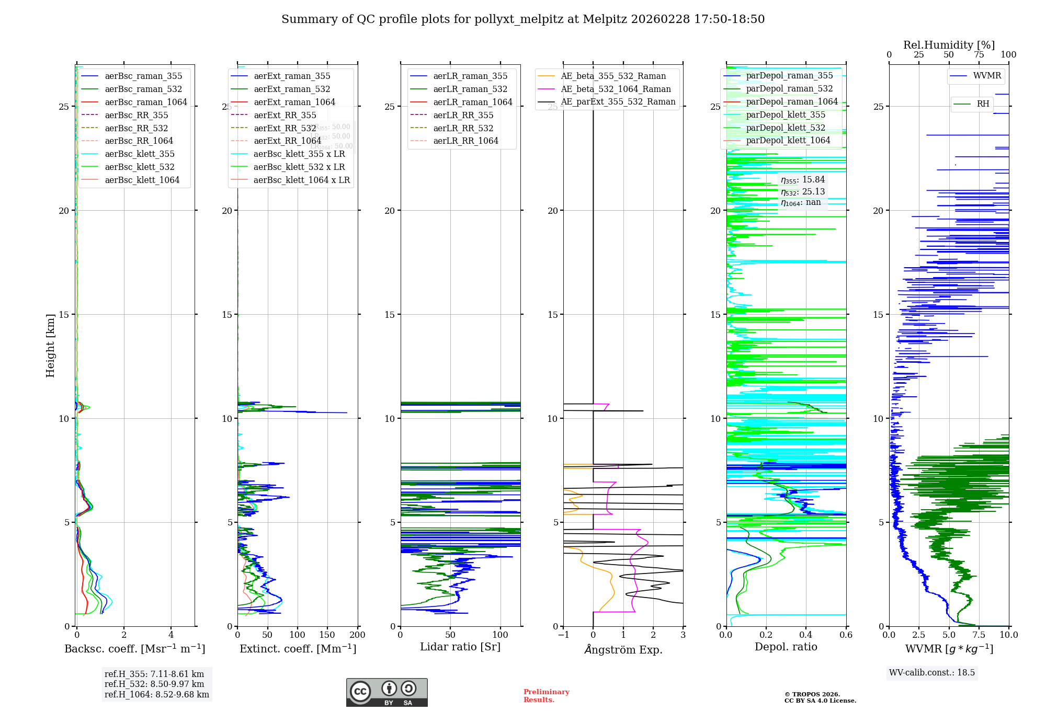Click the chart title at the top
pos(523,19)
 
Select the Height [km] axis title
pos(50,346)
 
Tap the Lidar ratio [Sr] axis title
pos(460,647)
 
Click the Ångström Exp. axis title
pos(623,649)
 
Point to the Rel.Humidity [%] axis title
pos(949,45)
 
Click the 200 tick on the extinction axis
pos(358,635)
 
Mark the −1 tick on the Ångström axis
pos(563,635)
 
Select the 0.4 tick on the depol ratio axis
pos(806,635)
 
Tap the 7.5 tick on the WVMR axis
pos(979,635)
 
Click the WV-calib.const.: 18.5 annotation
pos(932,673)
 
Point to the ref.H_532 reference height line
pos(154,684)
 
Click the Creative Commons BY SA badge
pos(386,692)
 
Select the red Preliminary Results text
pos(546,696)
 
